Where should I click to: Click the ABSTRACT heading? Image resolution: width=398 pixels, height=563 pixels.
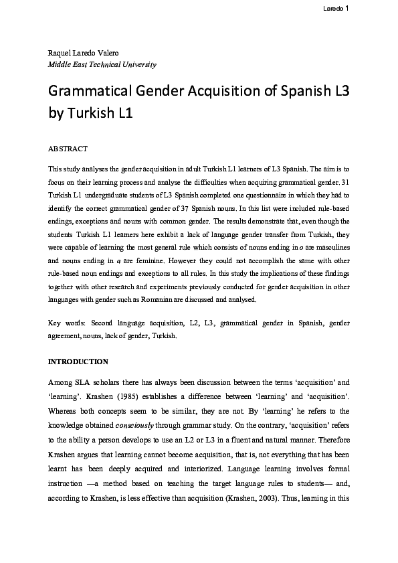[68, 147]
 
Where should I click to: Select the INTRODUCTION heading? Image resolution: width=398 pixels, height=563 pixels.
[78, 361]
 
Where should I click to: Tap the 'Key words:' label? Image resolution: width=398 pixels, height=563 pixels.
[68, 323]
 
